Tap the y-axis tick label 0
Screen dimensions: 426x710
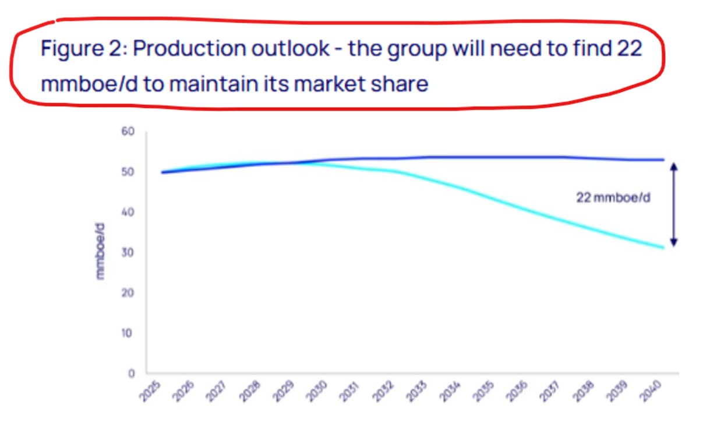click(132, 373)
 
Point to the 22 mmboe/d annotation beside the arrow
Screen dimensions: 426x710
click(613, 198)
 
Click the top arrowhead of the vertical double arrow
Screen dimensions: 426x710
click(674, 166)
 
